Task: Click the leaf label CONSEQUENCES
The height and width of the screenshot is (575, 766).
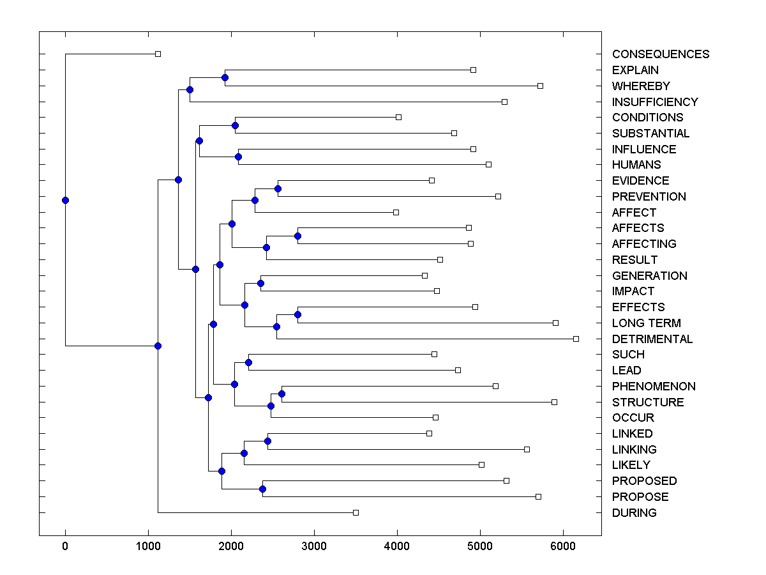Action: click(660, 54)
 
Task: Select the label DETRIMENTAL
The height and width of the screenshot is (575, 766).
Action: click(652, 339)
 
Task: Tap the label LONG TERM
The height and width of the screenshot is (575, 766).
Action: click(646, 323)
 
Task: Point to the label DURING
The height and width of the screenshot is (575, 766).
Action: click(634, 513)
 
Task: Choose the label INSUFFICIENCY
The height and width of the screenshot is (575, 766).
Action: click(655, 102)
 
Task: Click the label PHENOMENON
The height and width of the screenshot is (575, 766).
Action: click(654, 387)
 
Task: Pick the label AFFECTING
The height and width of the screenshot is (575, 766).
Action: click(644, 244)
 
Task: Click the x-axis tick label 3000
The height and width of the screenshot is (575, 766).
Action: click(314, 546)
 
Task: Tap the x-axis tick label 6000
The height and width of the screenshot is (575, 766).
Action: click(563, 546)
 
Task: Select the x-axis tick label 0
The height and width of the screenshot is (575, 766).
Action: click(65, 546)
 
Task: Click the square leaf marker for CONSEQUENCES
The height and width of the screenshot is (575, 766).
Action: click(158, 54)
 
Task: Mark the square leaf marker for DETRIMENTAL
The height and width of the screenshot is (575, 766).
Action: click(576, 339)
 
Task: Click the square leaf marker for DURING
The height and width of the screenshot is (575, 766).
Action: click(356, 512)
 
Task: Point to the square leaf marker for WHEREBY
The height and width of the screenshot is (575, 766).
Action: click(540, 86)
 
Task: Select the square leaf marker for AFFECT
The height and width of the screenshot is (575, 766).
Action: click(396, 212)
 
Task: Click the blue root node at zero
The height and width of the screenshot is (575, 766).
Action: click(65, 200)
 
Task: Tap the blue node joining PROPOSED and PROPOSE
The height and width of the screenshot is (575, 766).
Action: click(262, 489)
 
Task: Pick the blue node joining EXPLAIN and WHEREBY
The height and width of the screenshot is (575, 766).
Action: click(225, 77)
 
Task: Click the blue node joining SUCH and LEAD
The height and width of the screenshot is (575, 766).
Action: click(248, 363)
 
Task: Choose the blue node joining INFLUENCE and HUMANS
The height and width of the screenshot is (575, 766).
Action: click(238, 157)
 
